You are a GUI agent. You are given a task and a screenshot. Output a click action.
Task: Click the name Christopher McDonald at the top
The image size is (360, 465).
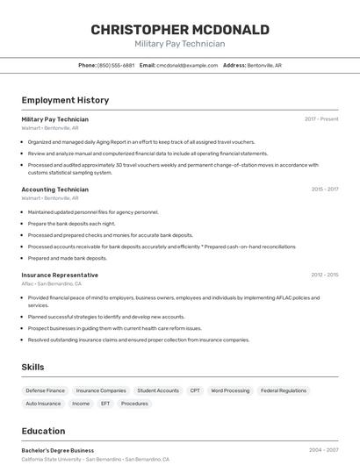(180, 30)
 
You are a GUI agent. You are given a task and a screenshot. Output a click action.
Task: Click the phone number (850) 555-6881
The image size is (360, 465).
(116, 65)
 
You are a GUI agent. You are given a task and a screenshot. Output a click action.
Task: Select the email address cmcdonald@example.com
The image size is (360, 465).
(187, 65)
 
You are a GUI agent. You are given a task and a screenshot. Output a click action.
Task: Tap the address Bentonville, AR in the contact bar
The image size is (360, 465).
(264, 65)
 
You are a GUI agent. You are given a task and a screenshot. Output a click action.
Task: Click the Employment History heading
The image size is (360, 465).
(65, 100)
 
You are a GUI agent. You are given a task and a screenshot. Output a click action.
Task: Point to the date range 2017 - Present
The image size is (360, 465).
(321, 119)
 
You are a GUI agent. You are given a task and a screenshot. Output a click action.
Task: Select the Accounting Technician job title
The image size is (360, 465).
(54, 190)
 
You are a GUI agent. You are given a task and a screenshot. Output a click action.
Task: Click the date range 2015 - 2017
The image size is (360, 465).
(324, 190)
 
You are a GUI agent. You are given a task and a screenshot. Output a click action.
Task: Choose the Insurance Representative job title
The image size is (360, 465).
(60, 275)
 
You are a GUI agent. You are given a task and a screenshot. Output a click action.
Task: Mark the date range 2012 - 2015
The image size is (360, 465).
(324, 275)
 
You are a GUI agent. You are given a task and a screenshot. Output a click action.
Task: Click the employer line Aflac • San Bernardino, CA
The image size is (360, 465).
(51, 284)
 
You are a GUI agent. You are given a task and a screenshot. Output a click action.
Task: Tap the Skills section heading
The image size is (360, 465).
(32, 367)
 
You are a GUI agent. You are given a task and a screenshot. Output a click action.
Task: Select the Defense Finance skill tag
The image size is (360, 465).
(46, 390)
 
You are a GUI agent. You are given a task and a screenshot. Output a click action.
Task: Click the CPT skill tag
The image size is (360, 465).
(195, 390)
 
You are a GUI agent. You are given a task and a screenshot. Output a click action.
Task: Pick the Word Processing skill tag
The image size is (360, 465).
(230, 390)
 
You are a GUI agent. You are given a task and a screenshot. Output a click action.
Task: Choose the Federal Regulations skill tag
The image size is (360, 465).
(284, 390)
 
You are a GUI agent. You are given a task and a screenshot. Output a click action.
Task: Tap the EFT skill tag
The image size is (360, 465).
(105, 404)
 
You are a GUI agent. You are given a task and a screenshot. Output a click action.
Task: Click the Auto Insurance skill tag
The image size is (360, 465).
(43, 404)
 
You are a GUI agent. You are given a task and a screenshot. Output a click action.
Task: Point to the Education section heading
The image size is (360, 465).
(43, 431)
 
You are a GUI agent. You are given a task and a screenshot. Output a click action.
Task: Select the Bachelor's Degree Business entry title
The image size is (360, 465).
(57, 450)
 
